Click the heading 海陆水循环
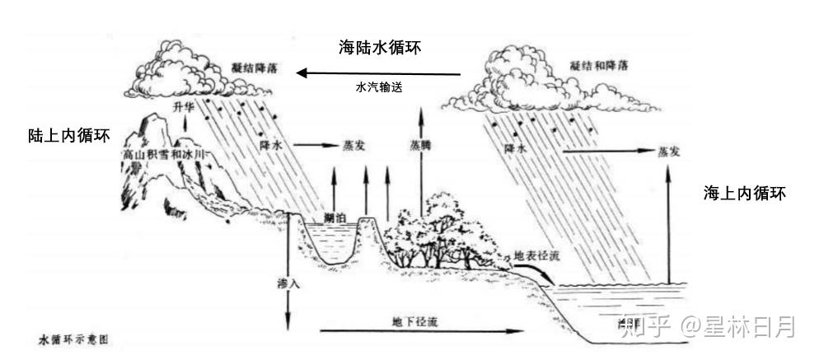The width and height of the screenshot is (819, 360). [x=380, y=47]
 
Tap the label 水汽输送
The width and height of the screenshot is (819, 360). [x=379, y=86]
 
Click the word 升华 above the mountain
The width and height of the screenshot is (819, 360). [x=182, y=108]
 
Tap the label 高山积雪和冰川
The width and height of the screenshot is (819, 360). [x=162, y=154]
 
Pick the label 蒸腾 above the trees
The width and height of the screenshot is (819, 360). [x=420, y=143]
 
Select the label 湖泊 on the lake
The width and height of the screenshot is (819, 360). [x=335, y=217]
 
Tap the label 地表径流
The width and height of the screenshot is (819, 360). [x=536, y=256]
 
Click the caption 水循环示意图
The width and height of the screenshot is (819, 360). [x=73, y=339]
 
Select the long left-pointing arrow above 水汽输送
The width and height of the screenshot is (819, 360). [x=378, y=73]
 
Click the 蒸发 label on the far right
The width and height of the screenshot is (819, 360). [x=668, y=152]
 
